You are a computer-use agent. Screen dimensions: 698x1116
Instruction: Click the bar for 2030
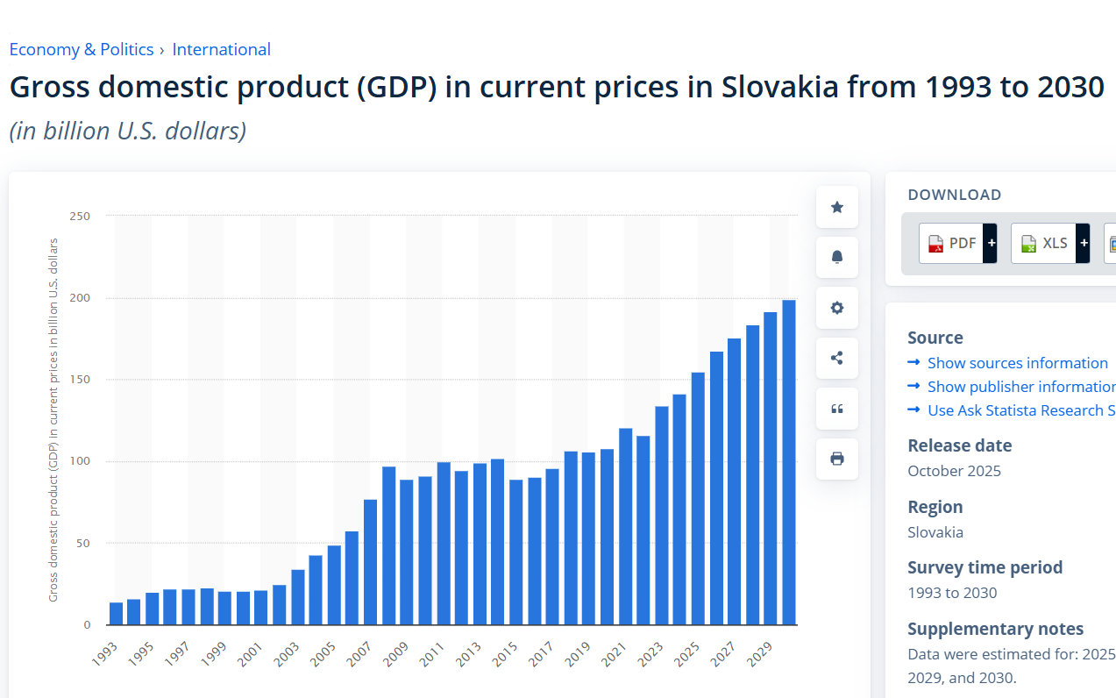pos(789,462)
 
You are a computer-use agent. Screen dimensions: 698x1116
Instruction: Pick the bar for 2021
pos(626,526)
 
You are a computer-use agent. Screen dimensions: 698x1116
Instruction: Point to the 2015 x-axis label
pos(506,654)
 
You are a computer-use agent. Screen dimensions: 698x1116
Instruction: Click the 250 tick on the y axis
pos(80,216)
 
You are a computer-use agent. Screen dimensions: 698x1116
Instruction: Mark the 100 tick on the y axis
pos(80,461)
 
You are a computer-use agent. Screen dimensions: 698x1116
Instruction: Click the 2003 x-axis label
pos(288,654)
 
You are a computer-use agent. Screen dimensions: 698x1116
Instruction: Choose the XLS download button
pos(1042,243)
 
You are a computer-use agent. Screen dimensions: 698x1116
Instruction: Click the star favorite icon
pos(837,207)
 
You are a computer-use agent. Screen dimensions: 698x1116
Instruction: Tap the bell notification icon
pos(837,257)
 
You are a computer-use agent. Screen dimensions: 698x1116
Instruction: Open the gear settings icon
pos(837,308)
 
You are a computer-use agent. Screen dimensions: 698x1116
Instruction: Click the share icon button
pos(837,358)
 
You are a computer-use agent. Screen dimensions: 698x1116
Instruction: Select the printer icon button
pos(837,459)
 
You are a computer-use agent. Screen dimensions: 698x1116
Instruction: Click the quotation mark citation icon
pos(837,409)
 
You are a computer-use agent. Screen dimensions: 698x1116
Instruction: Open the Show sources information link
pos(1017,363)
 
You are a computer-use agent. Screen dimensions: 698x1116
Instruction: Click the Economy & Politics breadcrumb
pos(82,49)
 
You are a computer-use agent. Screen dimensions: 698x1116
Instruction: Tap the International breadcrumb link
pos(222,49)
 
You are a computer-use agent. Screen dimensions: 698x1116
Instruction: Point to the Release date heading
pos(959,445)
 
